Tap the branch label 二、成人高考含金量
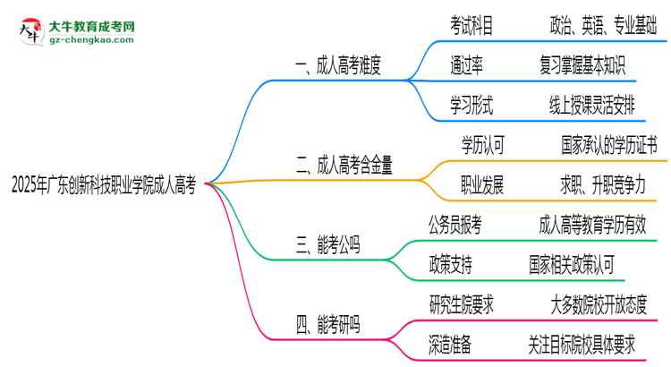[x=344, y=164]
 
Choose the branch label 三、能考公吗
[x=328, y=243]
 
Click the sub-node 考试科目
[x=471, y=28]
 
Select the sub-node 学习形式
[x=471, y=107]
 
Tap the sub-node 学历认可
[x=483, y=145]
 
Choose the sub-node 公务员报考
[x=455, y=225]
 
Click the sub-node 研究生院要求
[x=462, y=303]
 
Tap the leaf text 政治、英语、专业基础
[x=607, y=28]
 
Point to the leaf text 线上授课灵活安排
[x=594, y=107]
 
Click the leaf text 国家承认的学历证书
[x=608, y=145]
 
